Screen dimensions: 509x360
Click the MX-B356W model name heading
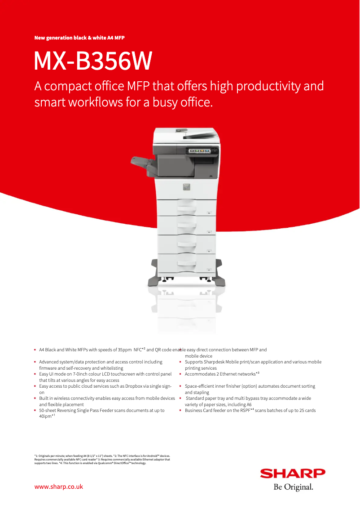click(x=93, y=62)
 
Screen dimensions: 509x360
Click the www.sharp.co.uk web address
click(x=59, y=487)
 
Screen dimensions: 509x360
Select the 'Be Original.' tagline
click(x=293, y=487)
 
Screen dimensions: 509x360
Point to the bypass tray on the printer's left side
click(x=144, y=164)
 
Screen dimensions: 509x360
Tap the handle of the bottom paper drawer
click(x=186, y=263)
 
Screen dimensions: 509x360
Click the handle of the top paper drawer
click(x=186, y=208)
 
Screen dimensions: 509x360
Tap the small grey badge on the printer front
click(x=186, y=186)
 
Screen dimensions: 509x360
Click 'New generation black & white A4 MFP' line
click(x=79, y=38)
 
